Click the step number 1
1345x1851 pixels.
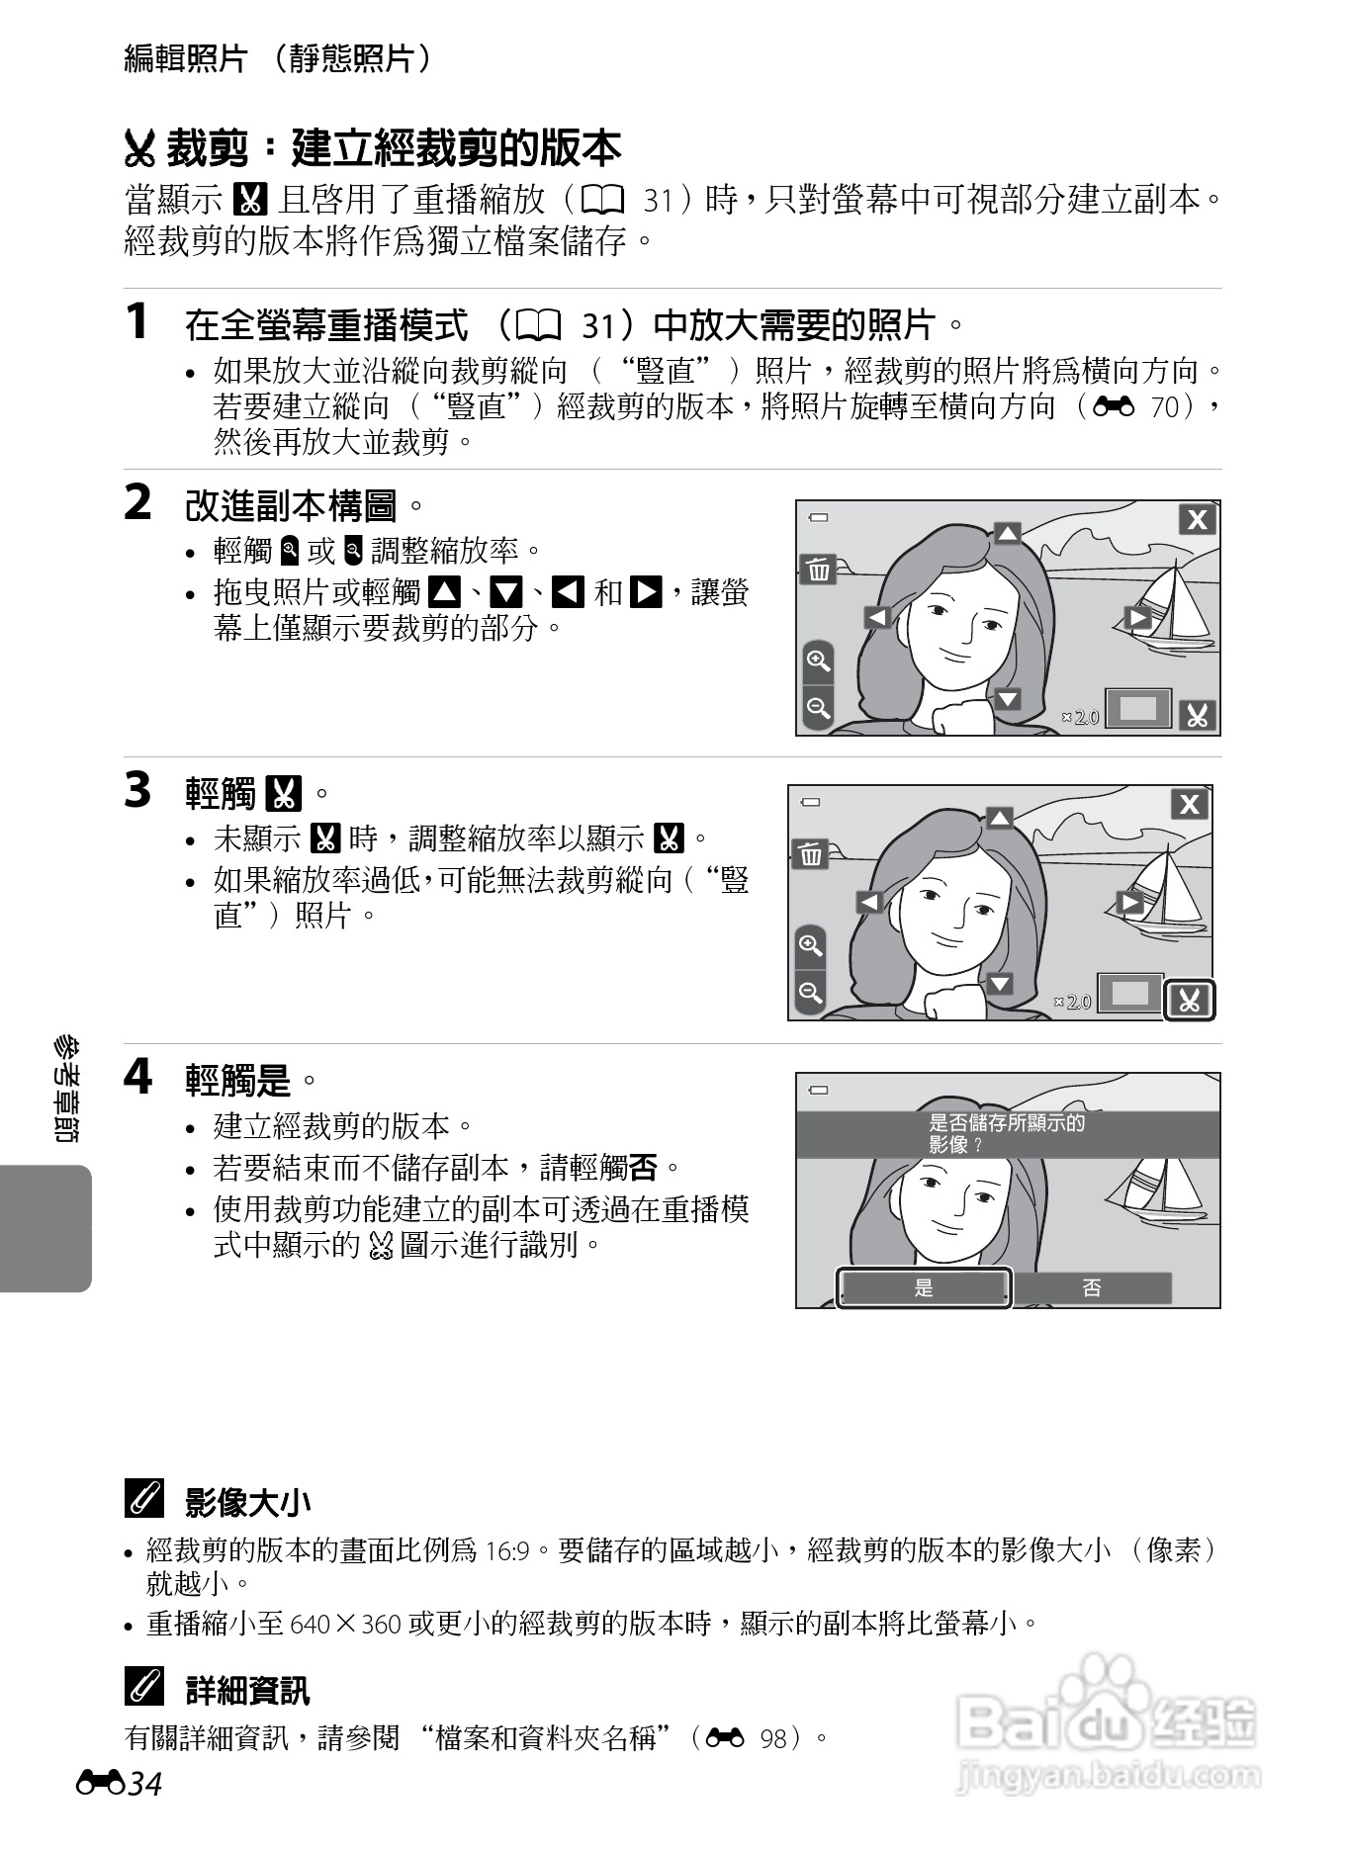coord(137,322)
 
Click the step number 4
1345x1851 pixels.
coord(137,1077)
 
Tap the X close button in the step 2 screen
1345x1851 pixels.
coord(1197,520)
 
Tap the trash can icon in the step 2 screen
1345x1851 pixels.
coord(818,570)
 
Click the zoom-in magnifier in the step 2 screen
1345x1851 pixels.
coord(818,661)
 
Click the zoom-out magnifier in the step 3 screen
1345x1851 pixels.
coord(810,992)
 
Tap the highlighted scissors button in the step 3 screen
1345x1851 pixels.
coord(1189,1001)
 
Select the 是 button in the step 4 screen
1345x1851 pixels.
coord(924,1287)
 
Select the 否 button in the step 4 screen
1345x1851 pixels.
coord(1091,1287)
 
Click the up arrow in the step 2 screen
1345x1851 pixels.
coord(1007,534)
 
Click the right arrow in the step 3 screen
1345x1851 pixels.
coord(1129,902)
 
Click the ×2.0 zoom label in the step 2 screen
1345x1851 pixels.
coord(1080,717)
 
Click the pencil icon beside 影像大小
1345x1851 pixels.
coord(144,1501)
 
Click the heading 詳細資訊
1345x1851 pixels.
coord(247,1690)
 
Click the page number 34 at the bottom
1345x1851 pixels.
coord(144,1785)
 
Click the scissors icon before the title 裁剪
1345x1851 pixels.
coord(140,150)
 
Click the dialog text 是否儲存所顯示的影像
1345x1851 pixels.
coord(1006,1133)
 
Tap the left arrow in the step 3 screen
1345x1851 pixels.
coord(868,902)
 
